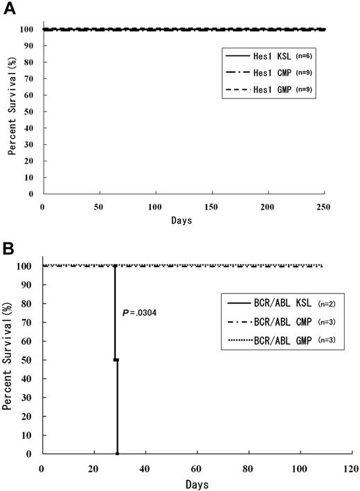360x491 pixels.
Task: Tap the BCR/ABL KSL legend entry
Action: (x=267, y=303)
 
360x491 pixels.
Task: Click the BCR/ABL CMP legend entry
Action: (x=267, y=324)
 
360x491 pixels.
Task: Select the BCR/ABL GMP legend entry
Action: (x=267, y=345)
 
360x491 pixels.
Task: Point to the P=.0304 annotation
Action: (x=139, y=312)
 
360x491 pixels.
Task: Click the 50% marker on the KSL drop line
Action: (x=116, y=360)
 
